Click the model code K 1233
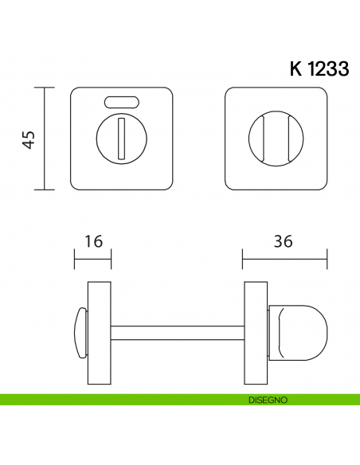tap(319, 68)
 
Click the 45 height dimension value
tap(29, 140)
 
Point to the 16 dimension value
tap(93, 240)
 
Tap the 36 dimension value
tap(284, 240)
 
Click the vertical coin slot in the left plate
tap(121, 136)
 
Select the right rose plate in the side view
tap(255, 333)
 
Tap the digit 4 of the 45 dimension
tap(29, 146)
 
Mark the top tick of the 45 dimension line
tap(45, 88)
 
